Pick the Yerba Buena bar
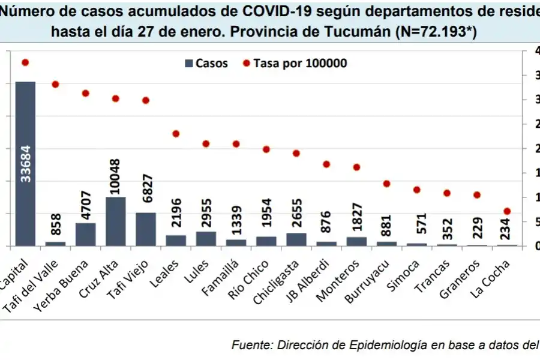tap(85, 234)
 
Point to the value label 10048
tap(116, 177)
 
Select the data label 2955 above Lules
tap(206, 213)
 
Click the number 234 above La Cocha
tap(507, 228)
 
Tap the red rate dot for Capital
tap(25, 62)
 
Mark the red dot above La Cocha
tap(507, 211)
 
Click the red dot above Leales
tap(176, 134)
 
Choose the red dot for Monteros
tap(356, 167)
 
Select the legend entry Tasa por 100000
tap(294, 63)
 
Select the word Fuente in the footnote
tap(251, 344)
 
